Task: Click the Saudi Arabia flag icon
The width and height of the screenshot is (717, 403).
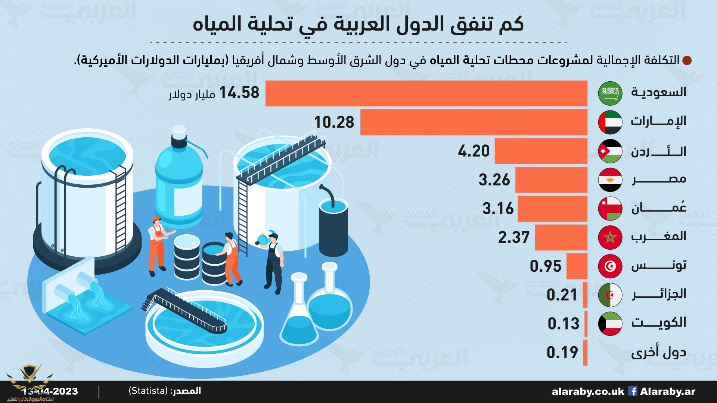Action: point(610,93)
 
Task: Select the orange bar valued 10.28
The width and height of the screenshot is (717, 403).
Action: point(474,122)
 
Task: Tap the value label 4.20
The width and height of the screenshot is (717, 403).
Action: point(474,151)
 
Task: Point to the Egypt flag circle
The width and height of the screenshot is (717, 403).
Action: point(610,179)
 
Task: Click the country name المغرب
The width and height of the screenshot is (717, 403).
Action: point(658,237)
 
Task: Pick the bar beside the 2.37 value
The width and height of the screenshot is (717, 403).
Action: point(561,237)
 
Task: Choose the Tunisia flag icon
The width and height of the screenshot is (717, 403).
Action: point(610,266)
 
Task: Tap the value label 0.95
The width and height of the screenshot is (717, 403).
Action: point(545,266)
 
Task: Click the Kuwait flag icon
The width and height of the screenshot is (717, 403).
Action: point(610,324)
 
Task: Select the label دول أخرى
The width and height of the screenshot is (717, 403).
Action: point(658,353)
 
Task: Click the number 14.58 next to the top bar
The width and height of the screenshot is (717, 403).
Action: point(239,93)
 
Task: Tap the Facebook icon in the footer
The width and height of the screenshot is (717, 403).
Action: point(632,391)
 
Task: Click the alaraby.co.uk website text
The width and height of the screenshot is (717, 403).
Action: point(587,391)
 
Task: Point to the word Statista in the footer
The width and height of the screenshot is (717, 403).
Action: point(148,391)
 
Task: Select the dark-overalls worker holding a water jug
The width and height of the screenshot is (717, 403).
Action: point(273,261)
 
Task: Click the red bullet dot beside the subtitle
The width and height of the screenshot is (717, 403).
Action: point(687,60)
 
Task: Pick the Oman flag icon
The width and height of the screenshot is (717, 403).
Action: point(610,208)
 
